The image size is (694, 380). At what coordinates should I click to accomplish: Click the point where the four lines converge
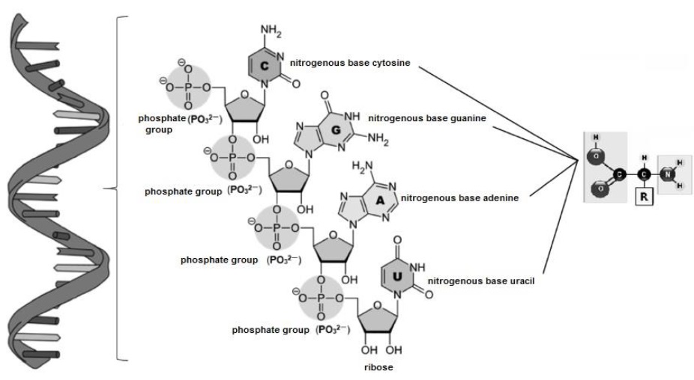click(x=578, y=159)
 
